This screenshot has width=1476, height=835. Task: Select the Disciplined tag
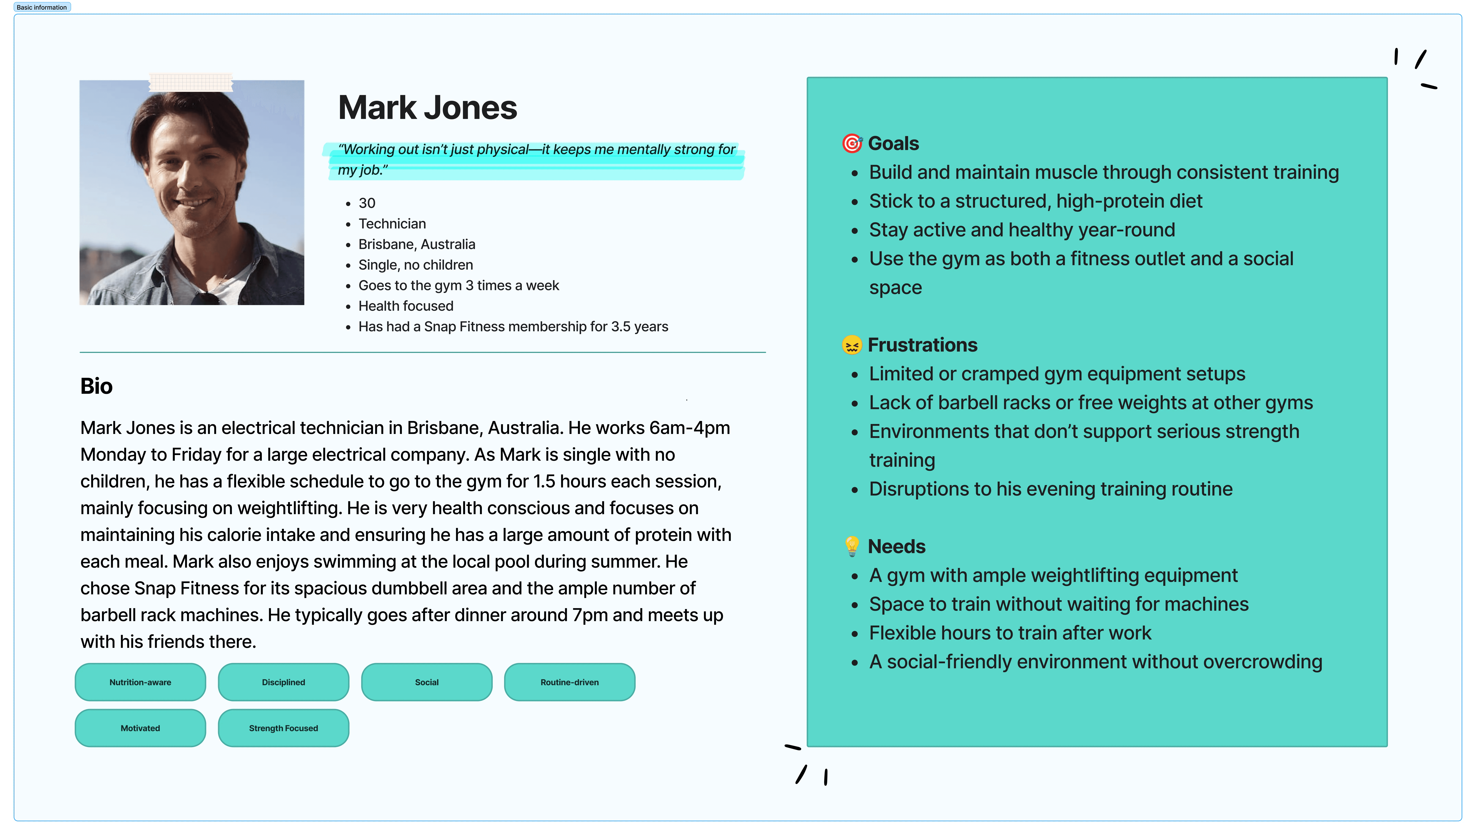pyautogui.click(x=283, y=682)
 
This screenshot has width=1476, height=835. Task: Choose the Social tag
pyautogui.click(x=426, y=682)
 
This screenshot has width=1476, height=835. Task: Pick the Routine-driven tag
pyautogui.click(x=569, y=682)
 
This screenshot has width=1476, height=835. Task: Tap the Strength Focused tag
pyautogui.click(x=283, y=728)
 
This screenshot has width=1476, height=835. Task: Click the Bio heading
pyautogui.click(x=96, y=386)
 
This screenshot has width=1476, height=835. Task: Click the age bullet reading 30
pyautogui.click(x=367, y=203)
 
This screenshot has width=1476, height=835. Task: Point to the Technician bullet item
pyautogui.click(x=392, y=224)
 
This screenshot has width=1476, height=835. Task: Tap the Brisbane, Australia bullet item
pyautogui.click(x=417, y=244)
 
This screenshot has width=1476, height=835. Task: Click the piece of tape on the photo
pyautogui.click(x=191, y=83)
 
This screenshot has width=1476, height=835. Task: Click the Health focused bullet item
pyautogui.click(x=406, y=306)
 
